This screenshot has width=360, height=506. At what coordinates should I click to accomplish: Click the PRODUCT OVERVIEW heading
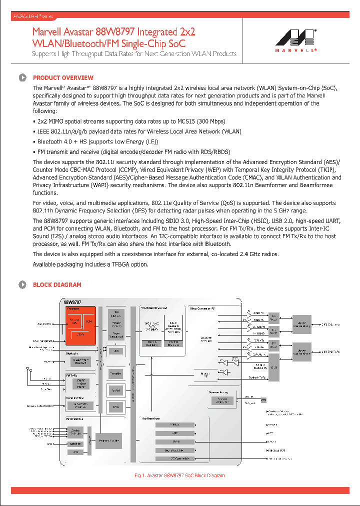click(63, 77)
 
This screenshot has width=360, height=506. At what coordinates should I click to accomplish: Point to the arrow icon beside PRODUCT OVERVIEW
click(22, 77)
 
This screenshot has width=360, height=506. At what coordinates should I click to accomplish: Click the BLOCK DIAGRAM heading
click(57, 285)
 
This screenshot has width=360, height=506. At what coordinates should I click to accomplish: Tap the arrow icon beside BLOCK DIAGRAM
click(22, 285)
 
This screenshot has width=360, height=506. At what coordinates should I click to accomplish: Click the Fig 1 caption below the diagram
click(179, 475)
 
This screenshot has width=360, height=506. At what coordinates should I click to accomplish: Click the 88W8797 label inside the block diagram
click(72, 302)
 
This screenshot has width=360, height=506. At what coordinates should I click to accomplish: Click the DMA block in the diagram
click(116, 407)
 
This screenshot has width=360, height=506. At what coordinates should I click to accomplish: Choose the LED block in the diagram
click(116, 351)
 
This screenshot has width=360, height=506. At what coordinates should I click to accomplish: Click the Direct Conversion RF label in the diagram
click(203, 308)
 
